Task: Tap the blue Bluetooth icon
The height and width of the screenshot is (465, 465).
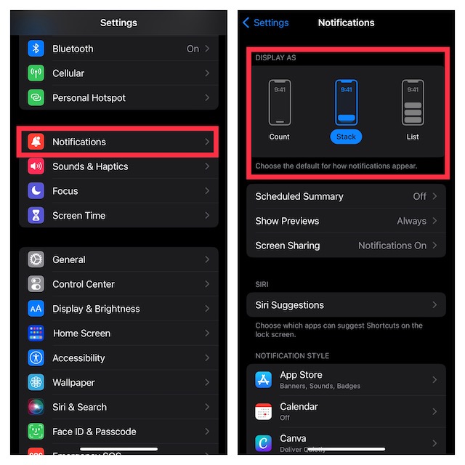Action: pyautogui.click(x=36, y=49)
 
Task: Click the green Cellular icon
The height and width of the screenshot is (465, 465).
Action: pyautogui.click(x=36, y=73)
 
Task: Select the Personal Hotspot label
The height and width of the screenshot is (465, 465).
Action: pyautogui.click(x=89, y=98)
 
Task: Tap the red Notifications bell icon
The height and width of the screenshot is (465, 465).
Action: pyautogui.click(x=36, y=142)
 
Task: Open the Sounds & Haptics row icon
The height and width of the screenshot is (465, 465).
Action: pyautogui.click(x=36, y=166)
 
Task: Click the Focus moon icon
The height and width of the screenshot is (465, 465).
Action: pyautogui.click(x=36, y=191)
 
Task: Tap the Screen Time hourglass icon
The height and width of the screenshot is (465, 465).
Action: pyautogui.click(x=36, y=216)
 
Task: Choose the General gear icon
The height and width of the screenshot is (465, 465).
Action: pyautogui.click(x=36, y=259)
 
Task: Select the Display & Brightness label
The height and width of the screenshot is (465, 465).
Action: pyautogui.click(x=96, y=309)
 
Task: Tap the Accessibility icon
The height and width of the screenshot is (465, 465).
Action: pyautogui.click(x=36, y=358)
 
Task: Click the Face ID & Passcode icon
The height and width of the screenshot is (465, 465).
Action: pyautogui.click(x=36, y=432)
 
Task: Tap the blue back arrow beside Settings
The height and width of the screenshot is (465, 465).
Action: pyautogui.click(x=246, y=23)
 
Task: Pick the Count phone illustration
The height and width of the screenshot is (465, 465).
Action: pyautogui.click(x=279, y=102)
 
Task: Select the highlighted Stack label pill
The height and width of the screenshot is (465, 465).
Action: pyautogui.click(x=346, y=137)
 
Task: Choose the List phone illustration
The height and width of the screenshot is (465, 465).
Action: pyautogui.click(x=413, y=102)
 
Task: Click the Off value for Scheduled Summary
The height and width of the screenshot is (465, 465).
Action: pyautogui.click(x=419, y=196)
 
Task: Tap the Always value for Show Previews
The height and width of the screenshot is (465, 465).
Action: pyautogui.click(x=411, y=221)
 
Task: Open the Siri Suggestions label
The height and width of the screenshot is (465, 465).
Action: pyautogui.click(x=289, y=305)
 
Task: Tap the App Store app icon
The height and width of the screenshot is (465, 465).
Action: pyautogui.click(x=264, y=379)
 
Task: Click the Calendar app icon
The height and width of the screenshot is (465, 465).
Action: pyautogui.click(x=264, y=411)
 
